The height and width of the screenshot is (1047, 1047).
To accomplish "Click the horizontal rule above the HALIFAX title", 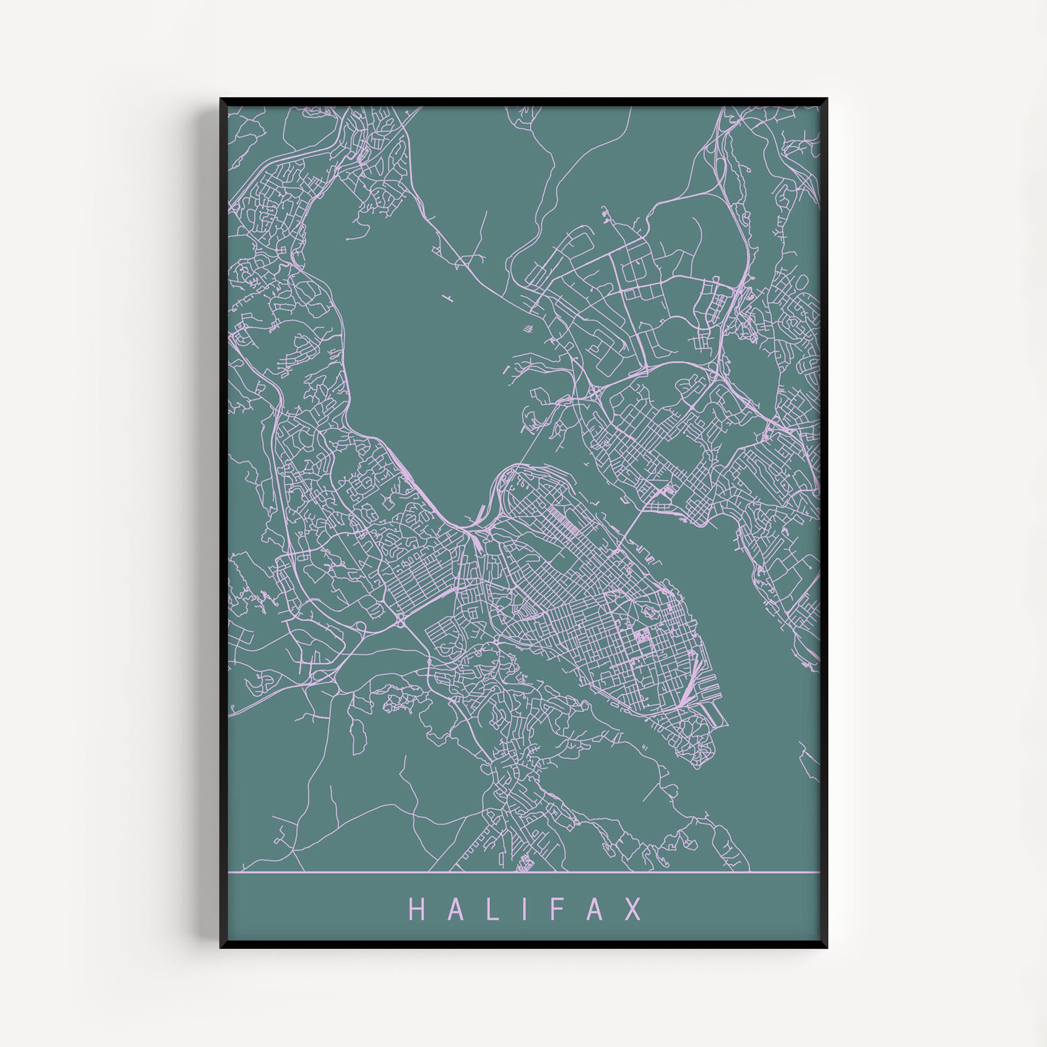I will [523, 873].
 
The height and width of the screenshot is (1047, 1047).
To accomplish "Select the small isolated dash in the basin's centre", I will [448, 296].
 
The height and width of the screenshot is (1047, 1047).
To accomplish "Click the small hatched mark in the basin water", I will [528, 328].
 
